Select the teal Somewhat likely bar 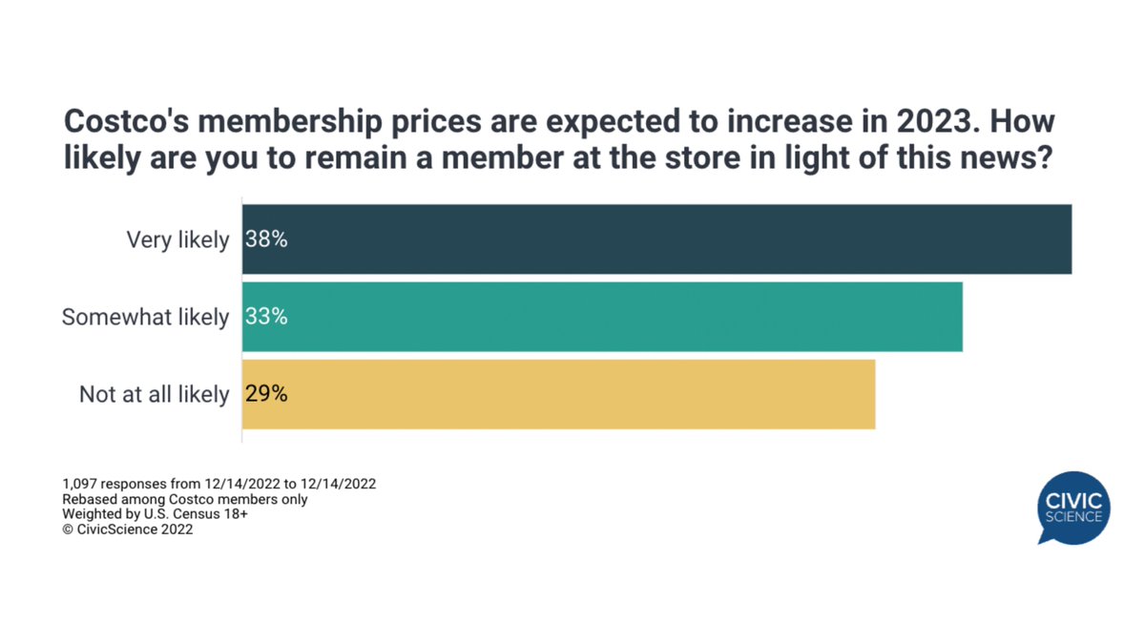pyautogui.click(x=602, y=317)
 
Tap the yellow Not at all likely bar pyautogui.click(x=558, y=394)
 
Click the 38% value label pyautogui.click(x=266, y=239)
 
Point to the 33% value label pyautogui.click(x=266, y=317)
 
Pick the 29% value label pyautogui.click(x=266, y=394)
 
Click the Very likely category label pyautogui.click(x=177, y=239)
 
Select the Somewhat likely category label pyautogui.click(x=145, y=317)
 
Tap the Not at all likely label pyautogui.click(x=154, y=394)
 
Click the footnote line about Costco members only pyautogui.click(x=185, y=499)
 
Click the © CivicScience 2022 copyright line pyautogui.click(x=128, y=530)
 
